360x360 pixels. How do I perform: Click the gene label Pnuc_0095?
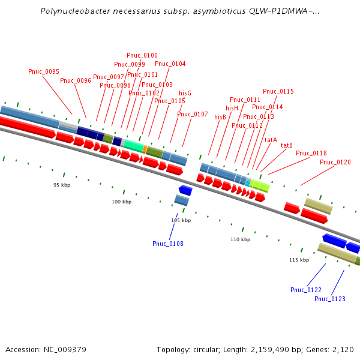(x=44, y=71)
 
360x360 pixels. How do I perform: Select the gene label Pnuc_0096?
(x=76, y=80)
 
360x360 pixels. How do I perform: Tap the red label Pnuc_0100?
(x=142, y=55)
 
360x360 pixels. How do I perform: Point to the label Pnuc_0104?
(x=170, y=64)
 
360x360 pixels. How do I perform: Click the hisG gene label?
(x=185, y=93)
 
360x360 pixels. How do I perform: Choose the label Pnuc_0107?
(x=193, y=114)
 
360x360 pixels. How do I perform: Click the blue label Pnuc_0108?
(x=168, y=244)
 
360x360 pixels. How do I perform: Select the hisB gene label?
(x=220, y=117)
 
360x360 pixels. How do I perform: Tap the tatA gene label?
(x=271, y=139)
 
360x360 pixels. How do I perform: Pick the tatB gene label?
(x=287, y=145)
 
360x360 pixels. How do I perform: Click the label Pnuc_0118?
(x=311, y=153)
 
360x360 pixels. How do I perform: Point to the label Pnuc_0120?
(x=335, y=162)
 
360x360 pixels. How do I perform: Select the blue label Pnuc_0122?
(x=306, y=290)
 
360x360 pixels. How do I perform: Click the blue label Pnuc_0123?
(x=330, y=299)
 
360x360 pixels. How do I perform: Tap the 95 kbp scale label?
(x=62, y=185)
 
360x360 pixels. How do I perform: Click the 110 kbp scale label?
(x=240, y=239)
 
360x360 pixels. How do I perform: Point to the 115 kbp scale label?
(x=299, y=260)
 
